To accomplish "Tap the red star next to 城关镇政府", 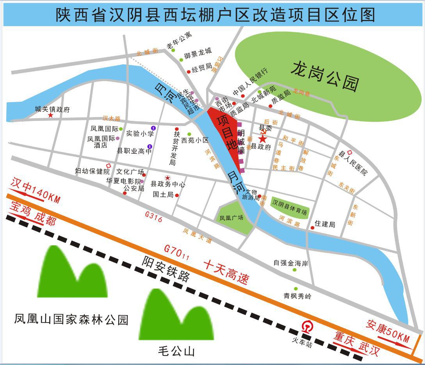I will [50, 115].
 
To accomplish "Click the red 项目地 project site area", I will [226, 133].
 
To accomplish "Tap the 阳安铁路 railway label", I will [165, 269].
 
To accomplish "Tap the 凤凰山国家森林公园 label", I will [71, 320].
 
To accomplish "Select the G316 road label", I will [153, 217].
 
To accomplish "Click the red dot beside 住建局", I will [313, 228].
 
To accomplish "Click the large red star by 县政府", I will [263, 138].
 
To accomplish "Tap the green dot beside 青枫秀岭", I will [295, 289].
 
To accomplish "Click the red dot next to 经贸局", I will [189, 71].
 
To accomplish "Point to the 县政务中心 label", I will [168, 184].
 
